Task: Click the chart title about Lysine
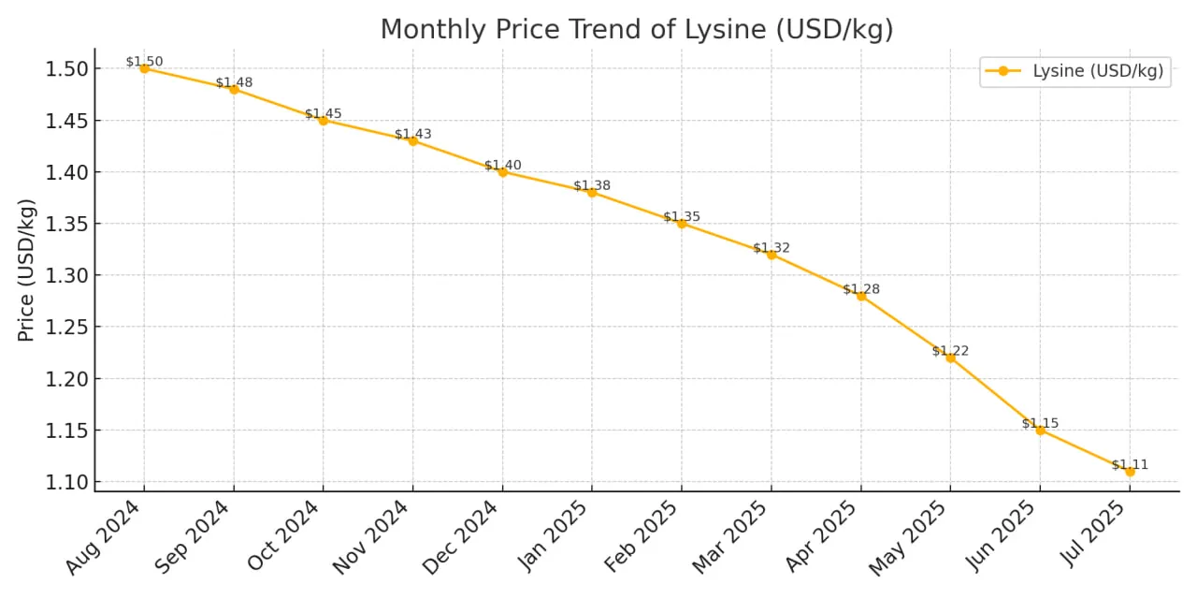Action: pos(636,29)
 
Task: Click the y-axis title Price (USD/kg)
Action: pos(26,270)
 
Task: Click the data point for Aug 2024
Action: pos(144,68)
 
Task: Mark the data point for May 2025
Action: pos(950,358)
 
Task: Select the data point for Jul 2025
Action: pos(1130,472)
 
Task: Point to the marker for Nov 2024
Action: pos(412,140)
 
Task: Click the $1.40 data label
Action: pos(502,166)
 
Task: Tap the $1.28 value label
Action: pos(860,289)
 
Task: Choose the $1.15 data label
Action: pos(1040,423)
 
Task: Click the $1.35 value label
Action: pos(682,217)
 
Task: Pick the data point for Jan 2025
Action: pos(592,192)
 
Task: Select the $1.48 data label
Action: pos(234,82)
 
